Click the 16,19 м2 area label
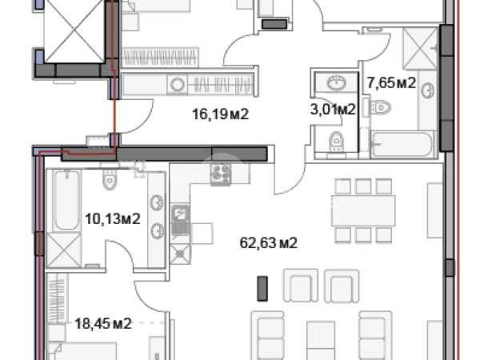(220, 114)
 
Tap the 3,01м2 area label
(333, 109)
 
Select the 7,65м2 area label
(391, 82)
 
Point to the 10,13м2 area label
(113, 219)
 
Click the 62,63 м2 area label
(269, 243)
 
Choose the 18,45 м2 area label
(103, 323)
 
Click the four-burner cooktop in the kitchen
(221, 174)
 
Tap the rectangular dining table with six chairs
(363, 210)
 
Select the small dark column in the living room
(262, 288)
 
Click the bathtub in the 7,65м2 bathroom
(402, 144)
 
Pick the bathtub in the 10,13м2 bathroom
(66, 200)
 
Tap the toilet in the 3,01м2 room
(336, 142)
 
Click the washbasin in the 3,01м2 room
(337, 82)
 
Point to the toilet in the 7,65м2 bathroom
(380, 107)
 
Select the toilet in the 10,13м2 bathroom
(110, 180)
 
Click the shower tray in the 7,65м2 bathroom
(420, 48)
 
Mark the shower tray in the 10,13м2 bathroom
(64, 250)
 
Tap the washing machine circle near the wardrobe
(177, 84)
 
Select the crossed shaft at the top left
(74, 31)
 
